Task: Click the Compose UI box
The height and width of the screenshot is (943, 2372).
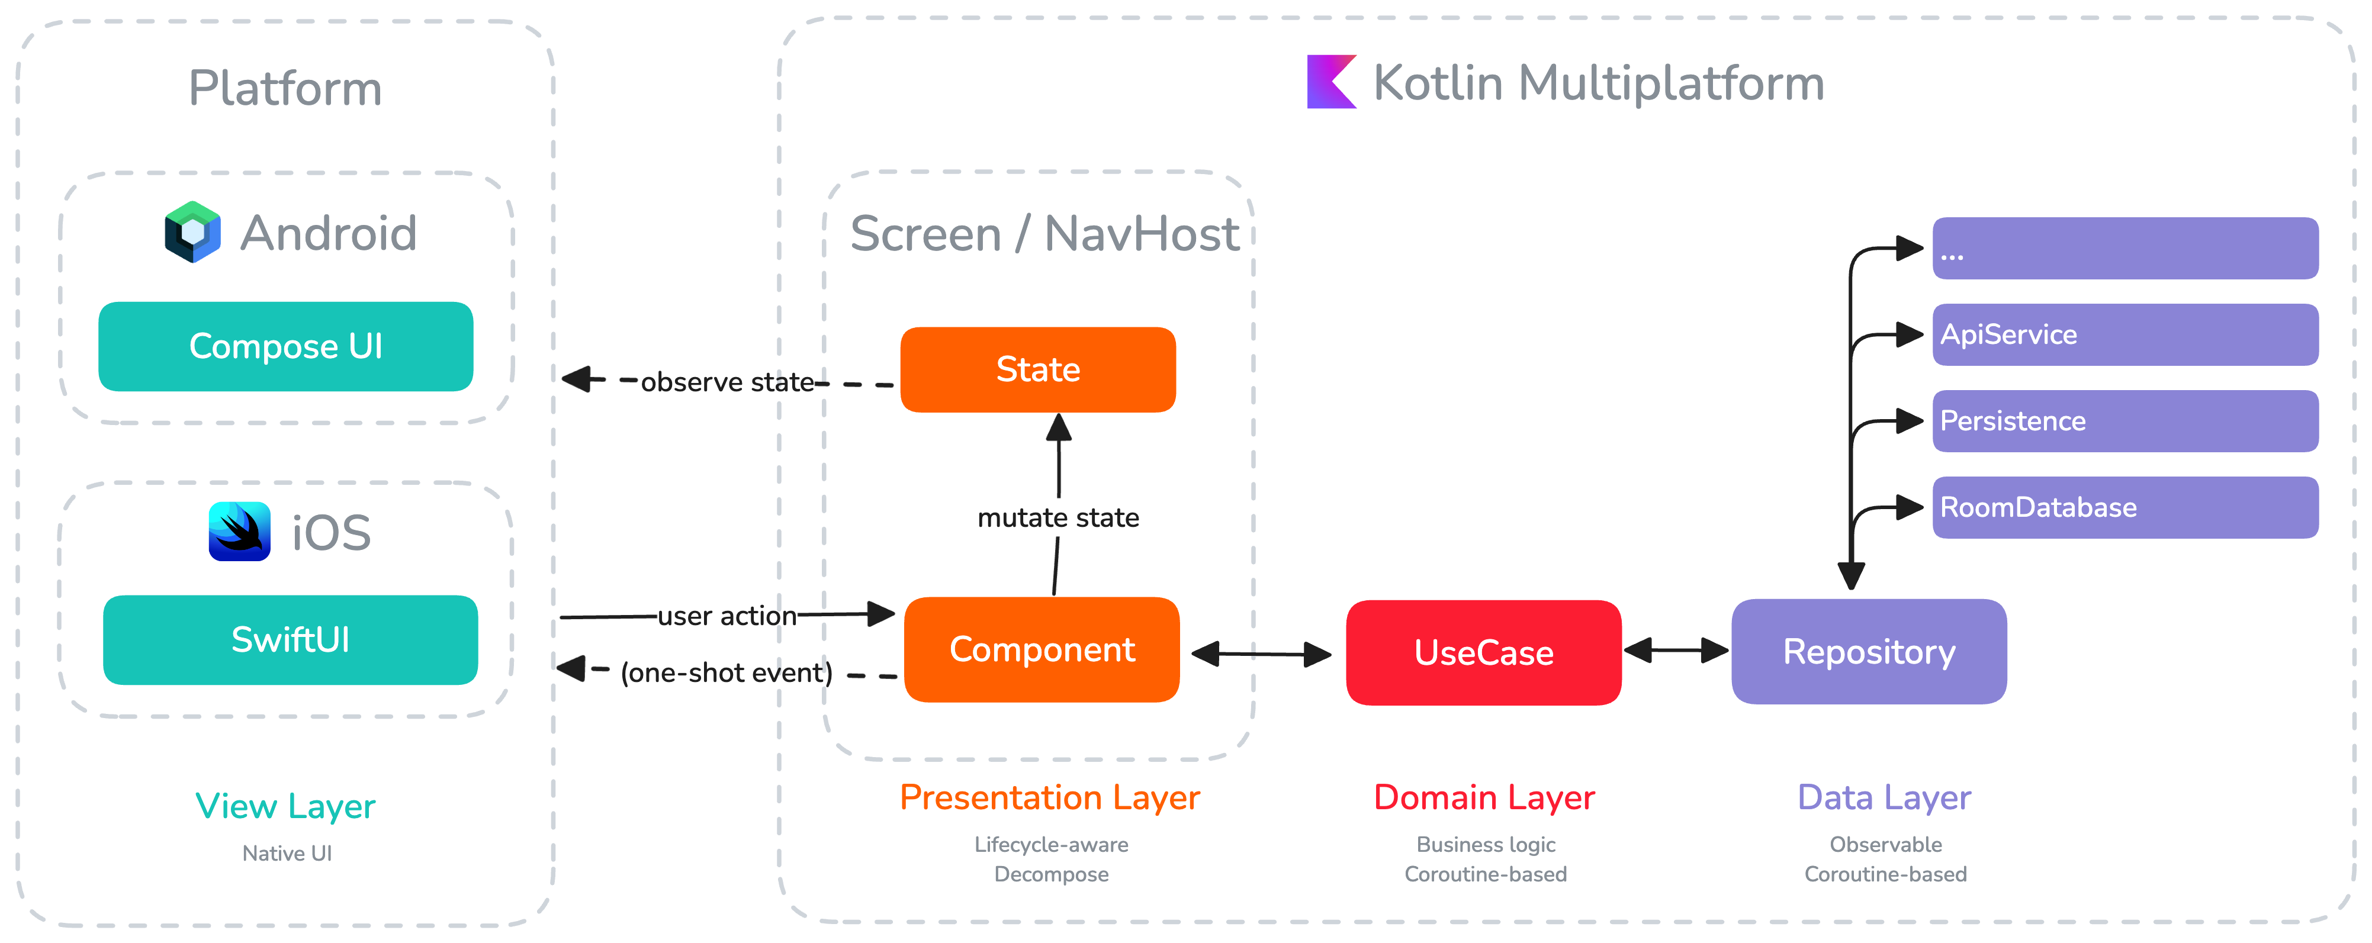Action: pyautogui.click(x=285, y=346)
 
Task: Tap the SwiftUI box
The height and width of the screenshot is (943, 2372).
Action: pyautogui.click(x=290, y=640)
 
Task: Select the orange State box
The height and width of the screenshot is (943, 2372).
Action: pyautogui.click(x=1038, y=369)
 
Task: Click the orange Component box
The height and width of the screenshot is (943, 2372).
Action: pyautogui.click(x=1042, y=650)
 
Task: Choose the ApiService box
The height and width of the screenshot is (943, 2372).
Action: pyautogui.click(x=2124, y=334)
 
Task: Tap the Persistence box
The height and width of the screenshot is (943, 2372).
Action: pyautogui.click(x=2124, y=421)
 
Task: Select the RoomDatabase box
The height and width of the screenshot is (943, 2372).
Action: pyautogui.click(x=2124, y=507)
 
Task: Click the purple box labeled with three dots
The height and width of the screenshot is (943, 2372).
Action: pyautogui.click(x=2124, y=249)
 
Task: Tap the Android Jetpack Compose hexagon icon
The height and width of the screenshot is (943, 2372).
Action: pyautogui.click(x=192, y=232)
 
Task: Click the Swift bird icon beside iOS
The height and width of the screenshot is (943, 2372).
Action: pyautogui.click(x=239, y=532)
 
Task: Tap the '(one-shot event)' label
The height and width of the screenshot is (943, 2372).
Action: pyautogui.click(x=725, y=673)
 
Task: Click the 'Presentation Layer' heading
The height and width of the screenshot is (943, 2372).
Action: pyautogui.click(x=1050, y=797)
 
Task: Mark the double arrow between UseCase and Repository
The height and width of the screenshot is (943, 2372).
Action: pyautogui.click(x=1676, y=651)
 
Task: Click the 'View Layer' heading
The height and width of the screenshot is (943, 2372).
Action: pyautogui.click(x=285, y=807)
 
